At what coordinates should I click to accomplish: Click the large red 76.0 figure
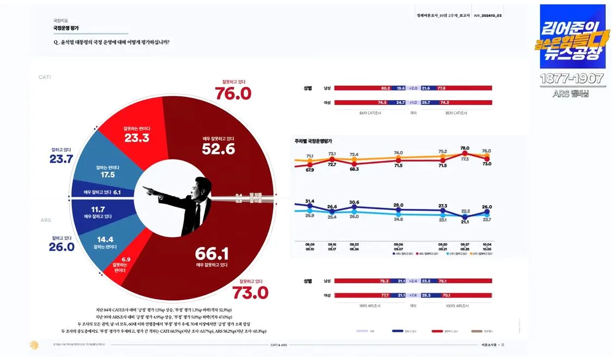(x=233, y=94)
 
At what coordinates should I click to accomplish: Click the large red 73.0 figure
(x=250, y=293)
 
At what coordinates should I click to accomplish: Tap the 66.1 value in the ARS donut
(x=212, y=254)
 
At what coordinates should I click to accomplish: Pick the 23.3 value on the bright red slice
(x=137, y=138)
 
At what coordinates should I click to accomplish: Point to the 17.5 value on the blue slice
(x=107, y=175)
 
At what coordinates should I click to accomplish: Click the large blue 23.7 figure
(x=61, y=159)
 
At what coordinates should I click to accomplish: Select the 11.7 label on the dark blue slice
(x=98, y=208)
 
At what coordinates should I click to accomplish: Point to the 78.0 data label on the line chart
(x=465, y=148)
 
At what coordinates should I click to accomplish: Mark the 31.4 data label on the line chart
(x=310, y=201)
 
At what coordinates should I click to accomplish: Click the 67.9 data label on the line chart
(x=310, y=170)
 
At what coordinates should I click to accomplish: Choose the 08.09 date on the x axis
(x=310, y=244)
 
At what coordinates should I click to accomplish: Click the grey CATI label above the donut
(x=45, y=77)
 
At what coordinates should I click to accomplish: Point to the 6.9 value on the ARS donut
(x=126, y=259)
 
